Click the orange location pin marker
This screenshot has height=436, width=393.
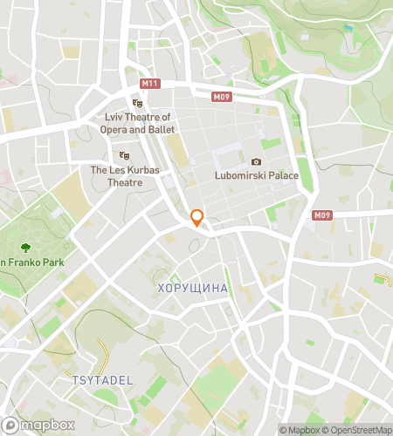(x=197, y=217)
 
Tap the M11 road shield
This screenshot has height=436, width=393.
(x=150, y=83)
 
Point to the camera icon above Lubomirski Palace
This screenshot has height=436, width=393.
(x=256, y=161)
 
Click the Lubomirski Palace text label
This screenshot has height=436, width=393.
(x=257, y=176)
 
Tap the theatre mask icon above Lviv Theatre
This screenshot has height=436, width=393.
(x=136, y=103)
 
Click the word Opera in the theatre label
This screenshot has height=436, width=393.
(x=121, y=130)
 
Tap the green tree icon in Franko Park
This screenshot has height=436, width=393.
(x=25, y=247)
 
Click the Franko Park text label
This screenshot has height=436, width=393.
(x=24, y=263)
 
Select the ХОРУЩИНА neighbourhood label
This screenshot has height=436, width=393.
(x=192, y=288)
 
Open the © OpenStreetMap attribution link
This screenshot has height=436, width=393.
(x=357, y=430)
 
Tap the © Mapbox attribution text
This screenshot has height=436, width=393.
(x=300, y=430)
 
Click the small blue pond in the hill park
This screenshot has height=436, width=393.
(x=348, y=28)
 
